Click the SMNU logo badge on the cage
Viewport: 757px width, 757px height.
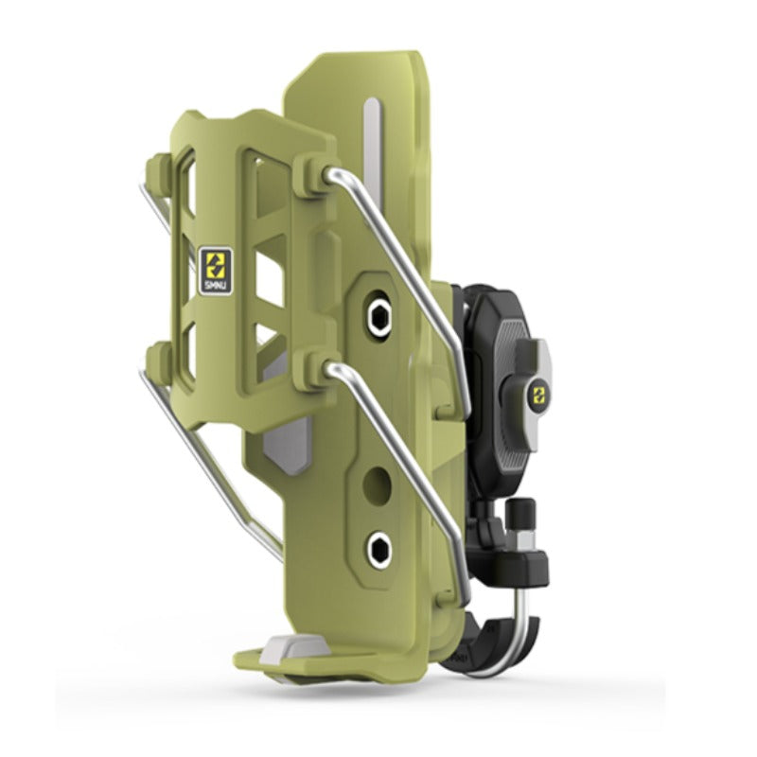pos(216,271)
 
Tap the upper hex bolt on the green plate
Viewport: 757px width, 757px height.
pos(378,317)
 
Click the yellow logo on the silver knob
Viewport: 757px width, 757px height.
pos(537,392)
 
